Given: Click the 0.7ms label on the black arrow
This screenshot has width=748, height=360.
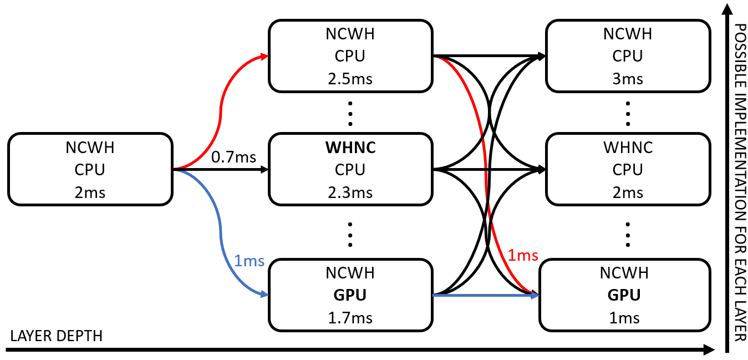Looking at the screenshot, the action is [233, 157].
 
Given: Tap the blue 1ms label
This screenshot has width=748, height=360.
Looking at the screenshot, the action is [249, 261].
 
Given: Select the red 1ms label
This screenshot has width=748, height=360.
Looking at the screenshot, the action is [522, 256].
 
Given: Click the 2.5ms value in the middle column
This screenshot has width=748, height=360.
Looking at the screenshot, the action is [350, 79].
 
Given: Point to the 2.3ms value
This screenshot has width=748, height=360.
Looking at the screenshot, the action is [350, 192].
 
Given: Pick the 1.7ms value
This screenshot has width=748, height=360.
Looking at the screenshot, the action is [350, 318].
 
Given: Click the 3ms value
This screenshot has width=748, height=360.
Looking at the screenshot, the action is [628, 79].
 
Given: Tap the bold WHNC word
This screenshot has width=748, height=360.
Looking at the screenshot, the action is [350, 148].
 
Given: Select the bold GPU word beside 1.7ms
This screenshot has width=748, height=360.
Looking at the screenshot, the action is [350, 295].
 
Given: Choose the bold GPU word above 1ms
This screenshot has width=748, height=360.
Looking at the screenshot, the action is [624, 295].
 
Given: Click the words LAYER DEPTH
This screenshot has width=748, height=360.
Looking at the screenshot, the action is [56, 336].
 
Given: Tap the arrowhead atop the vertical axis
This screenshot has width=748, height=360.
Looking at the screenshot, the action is [727, 9].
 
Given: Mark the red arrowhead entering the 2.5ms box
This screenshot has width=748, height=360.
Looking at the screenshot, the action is [264, 57].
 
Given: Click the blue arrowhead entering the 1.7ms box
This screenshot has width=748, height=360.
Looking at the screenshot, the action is [265, 294].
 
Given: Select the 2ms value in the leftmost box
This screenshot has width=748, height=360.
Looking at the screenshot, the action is [90, 192].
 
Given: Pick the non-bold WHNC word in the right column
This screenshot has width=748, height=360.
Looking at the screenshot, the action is [628, 148].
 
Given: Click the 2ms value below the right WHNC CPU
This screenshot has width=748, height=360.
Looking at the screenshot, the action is [628, 192].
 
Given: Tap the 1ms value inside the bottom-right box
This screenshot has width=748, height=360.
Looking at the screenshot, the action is [624, 318].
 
